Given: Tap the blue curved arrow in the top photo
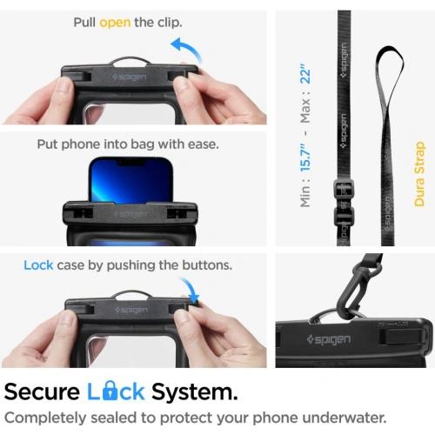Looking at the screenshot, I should (184, 50).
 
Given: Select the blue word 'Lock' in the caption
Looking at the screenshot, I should (38, 264).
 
